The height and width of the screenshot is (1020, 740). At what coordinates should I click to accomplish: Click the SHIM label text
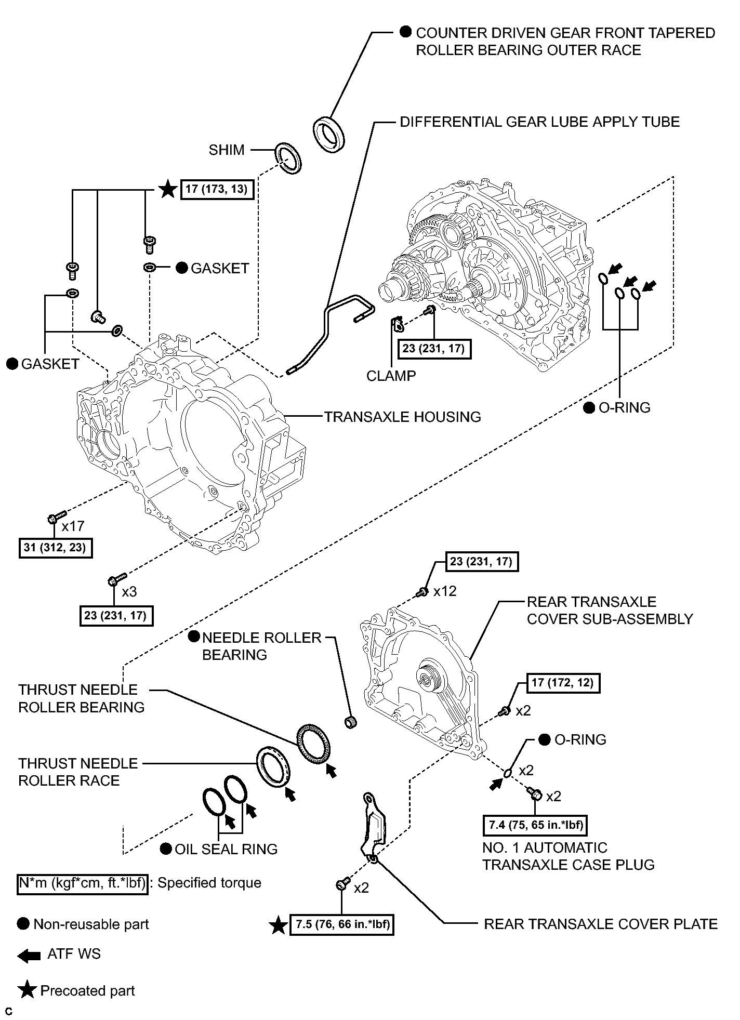pos(227,150)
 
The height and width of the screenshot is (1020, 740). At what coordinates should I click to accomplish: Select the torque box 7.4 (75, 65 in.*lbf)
pos(535,825)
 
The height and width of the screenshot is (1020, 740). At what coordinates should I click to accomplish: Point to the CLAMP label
pos(391,376)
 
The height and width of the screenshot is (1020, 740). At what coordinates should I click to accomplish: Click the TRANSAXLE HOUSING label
pos(403,417)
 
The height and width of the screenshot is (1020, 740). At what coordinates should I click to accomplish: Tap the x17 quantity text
pos(73,526)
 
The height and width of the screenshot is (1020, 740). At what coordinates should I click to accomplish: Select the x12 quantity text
pos(445,591)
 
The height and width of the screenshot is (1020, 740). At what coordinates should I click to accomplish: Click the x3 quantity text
pos(129,592)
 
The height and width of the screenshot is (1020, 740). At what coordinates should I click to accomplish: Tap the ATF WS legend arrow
pos(29,955)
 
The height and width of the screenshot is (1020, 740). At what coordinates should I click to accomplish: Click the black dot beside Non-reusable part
pos(23,924)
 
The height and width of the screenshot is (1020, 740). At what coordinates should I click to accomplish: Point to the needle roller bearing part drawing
pos(352,722)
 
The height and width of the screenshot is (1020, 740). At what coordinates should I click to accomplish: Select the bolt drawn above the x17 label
pos(55,517)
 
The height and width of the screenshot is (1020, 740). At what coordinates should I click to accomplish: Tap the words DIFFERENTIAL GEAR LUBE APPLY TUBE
pos(539,122)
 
